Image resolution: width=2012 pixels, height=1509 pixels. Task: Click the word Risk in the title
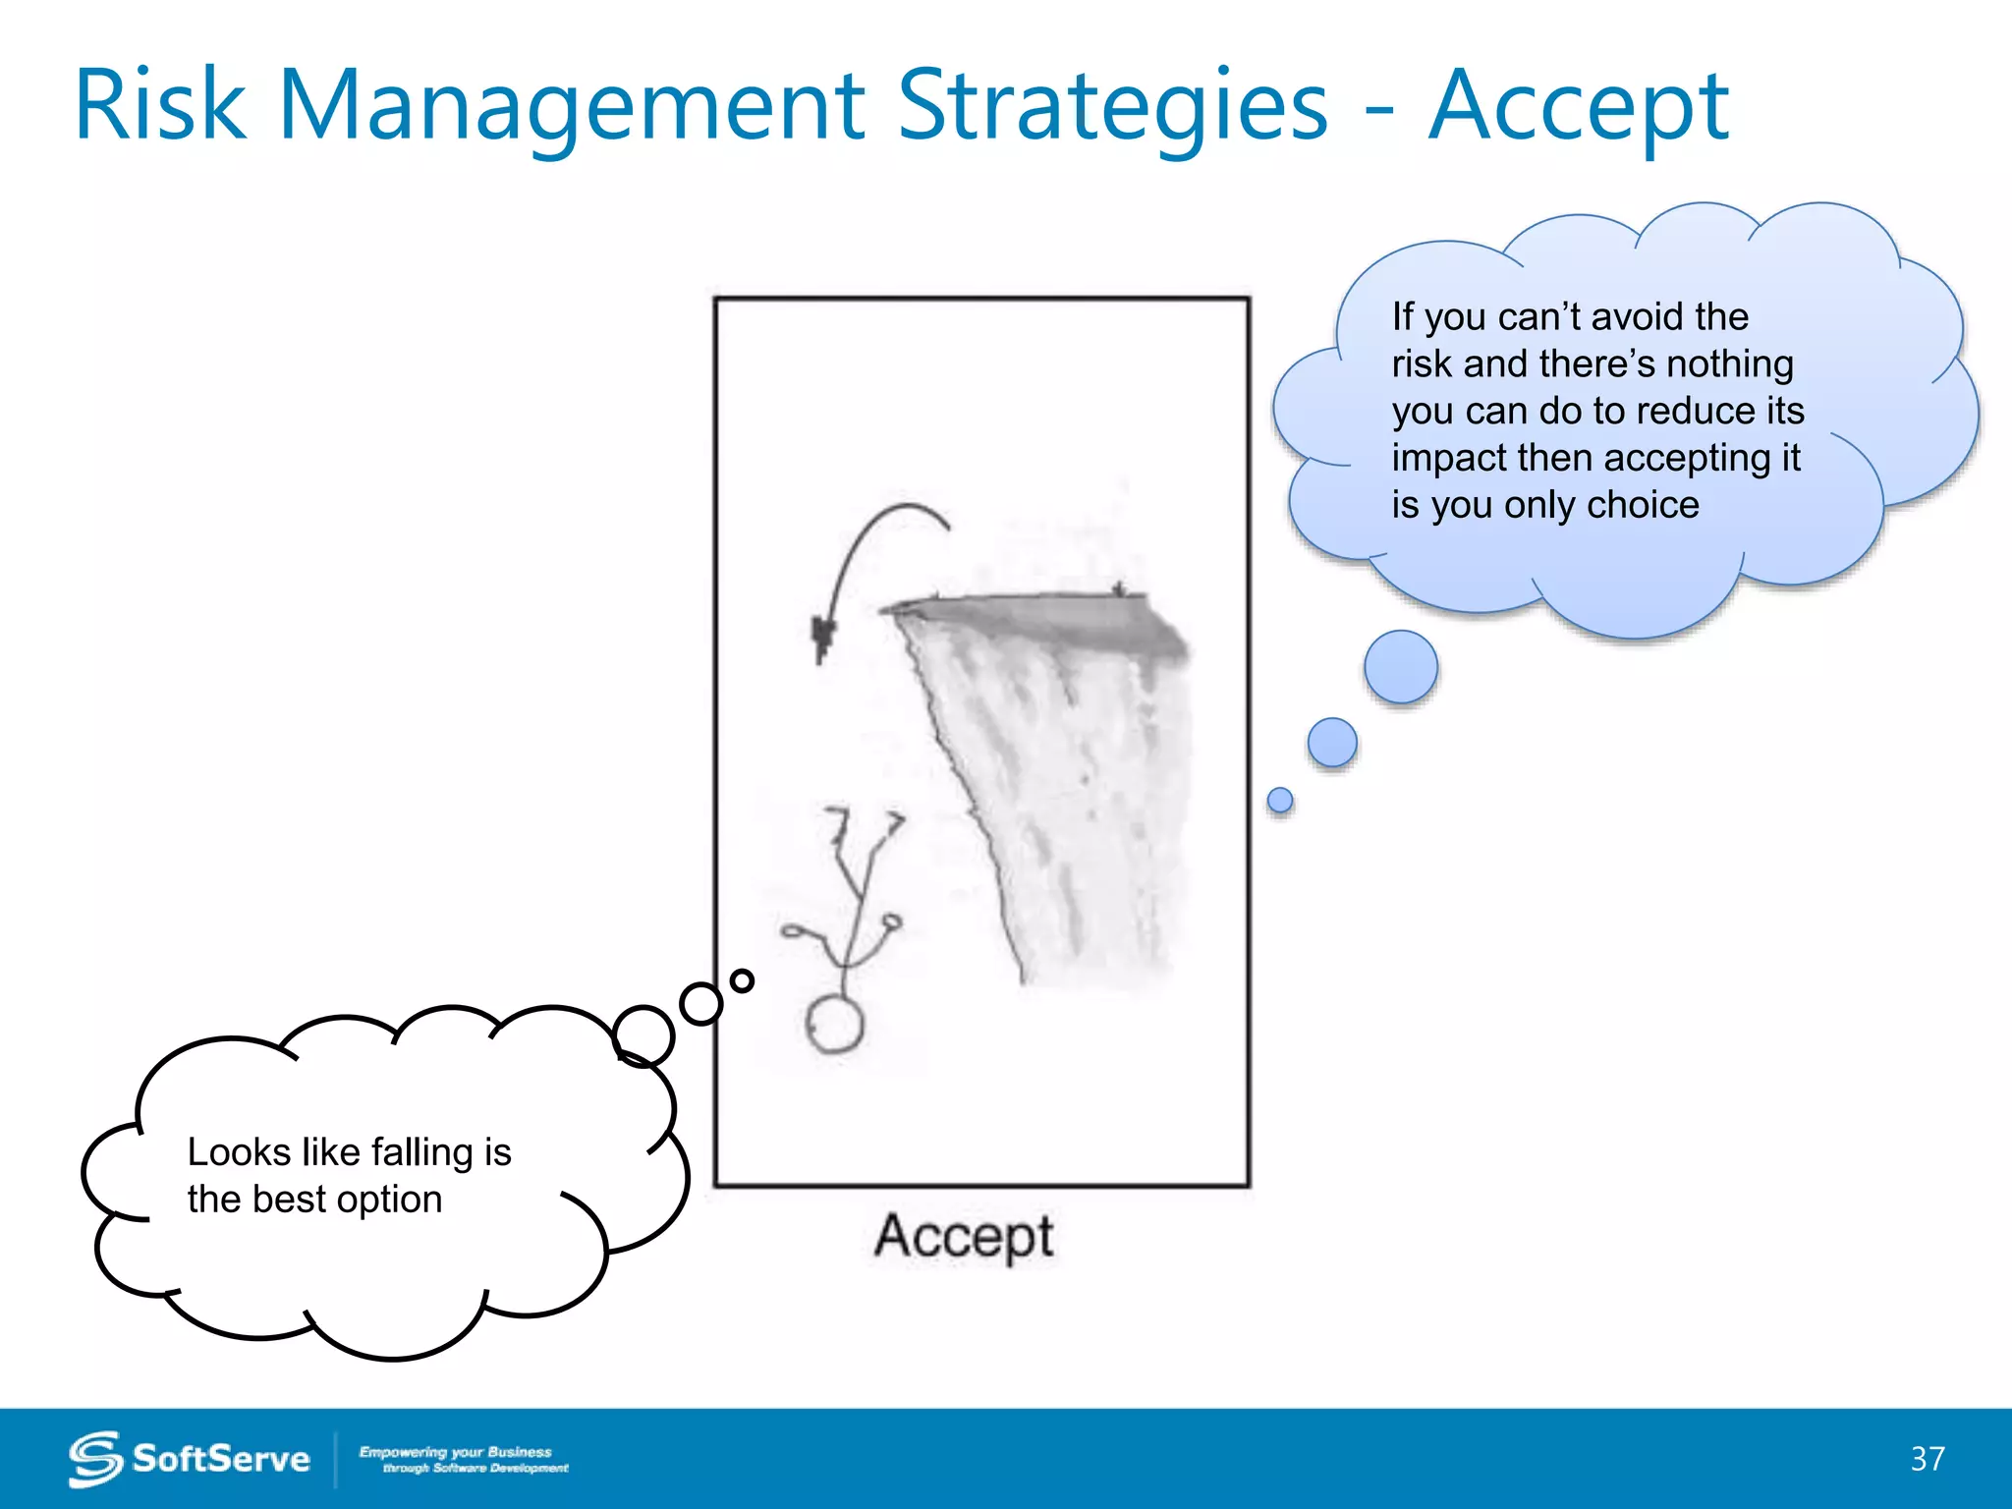[159, 106]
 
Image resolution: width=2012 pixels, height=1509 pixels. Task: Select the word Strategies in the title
[1112, 106]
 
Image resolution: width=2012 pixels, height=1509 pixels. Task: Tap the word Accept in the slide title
[1578, 106]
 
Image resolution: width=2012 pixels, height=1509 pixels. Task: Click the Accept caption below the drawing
[964, 1236]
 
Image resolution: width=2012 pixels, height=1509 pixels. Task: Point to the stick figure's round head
[835, 1024]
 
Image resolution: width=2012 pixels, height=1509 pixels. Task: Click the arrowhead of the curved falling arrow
[821, 638]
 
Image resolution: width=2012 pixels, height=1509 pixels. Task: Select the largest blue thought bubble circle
[1401, 667]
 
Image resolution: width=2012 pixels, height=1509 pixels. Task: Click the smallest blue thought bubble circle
[1280, 800]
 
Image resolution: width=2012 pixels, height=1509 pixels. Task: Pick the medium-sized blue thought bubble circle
[1332, 742]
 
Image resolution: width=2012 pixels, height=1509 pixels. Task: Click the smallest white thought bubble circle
[743, 979]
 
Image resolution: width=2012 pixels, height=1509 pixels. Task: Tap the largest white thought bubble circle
[643, 1035]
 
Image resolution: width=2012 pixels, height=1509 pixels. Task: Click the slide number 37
[1928, 1458]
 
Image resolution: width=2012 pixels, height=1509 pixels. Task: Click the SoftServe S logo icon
[95, 1459]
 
